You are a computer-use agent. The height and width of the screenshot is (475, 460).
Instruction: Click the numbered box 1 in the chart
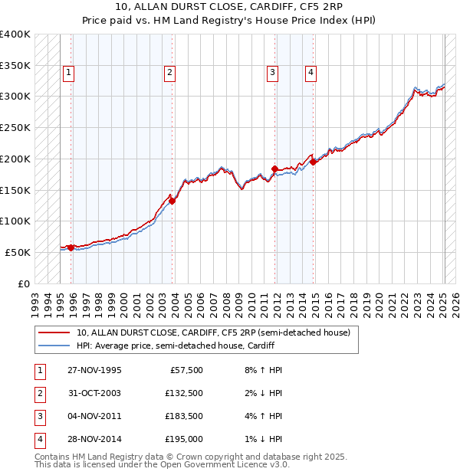pos(68,73)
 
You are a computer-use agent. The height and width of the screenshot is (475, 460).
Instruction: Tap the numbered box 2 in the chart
pos(169,73)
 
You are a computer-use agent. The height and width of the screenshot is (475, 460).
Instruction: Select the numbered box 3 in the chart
pos(272,73)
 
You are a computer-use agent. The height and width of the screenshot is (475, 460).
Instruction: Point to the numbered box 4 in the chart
pos(310,73)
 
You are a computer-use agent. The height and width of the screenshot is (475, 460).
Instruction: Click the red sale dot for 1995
pos(71,247)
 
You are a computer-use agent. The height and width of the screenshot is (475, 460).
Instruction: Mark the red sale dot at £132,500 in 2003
pos(172,201)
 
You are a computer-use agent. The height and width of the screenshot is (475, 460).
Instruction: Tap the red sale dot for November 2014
pos(314,162)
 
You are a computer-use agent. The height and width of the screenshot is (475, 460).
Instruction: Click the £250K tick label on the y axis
pos(15,128)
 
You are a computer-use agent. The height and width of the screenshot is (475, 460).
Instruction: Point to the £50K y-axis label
pos(18,252)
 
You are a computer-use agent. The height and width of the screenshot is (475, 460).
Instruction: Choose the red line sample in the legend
pos(54,332)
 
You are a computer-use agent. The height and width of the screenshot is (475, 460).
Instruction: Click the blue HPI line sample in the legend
pos(54,346)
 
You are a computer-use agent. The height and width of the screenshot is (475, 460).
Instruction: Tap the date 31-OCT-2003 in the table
pos(94,393)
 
